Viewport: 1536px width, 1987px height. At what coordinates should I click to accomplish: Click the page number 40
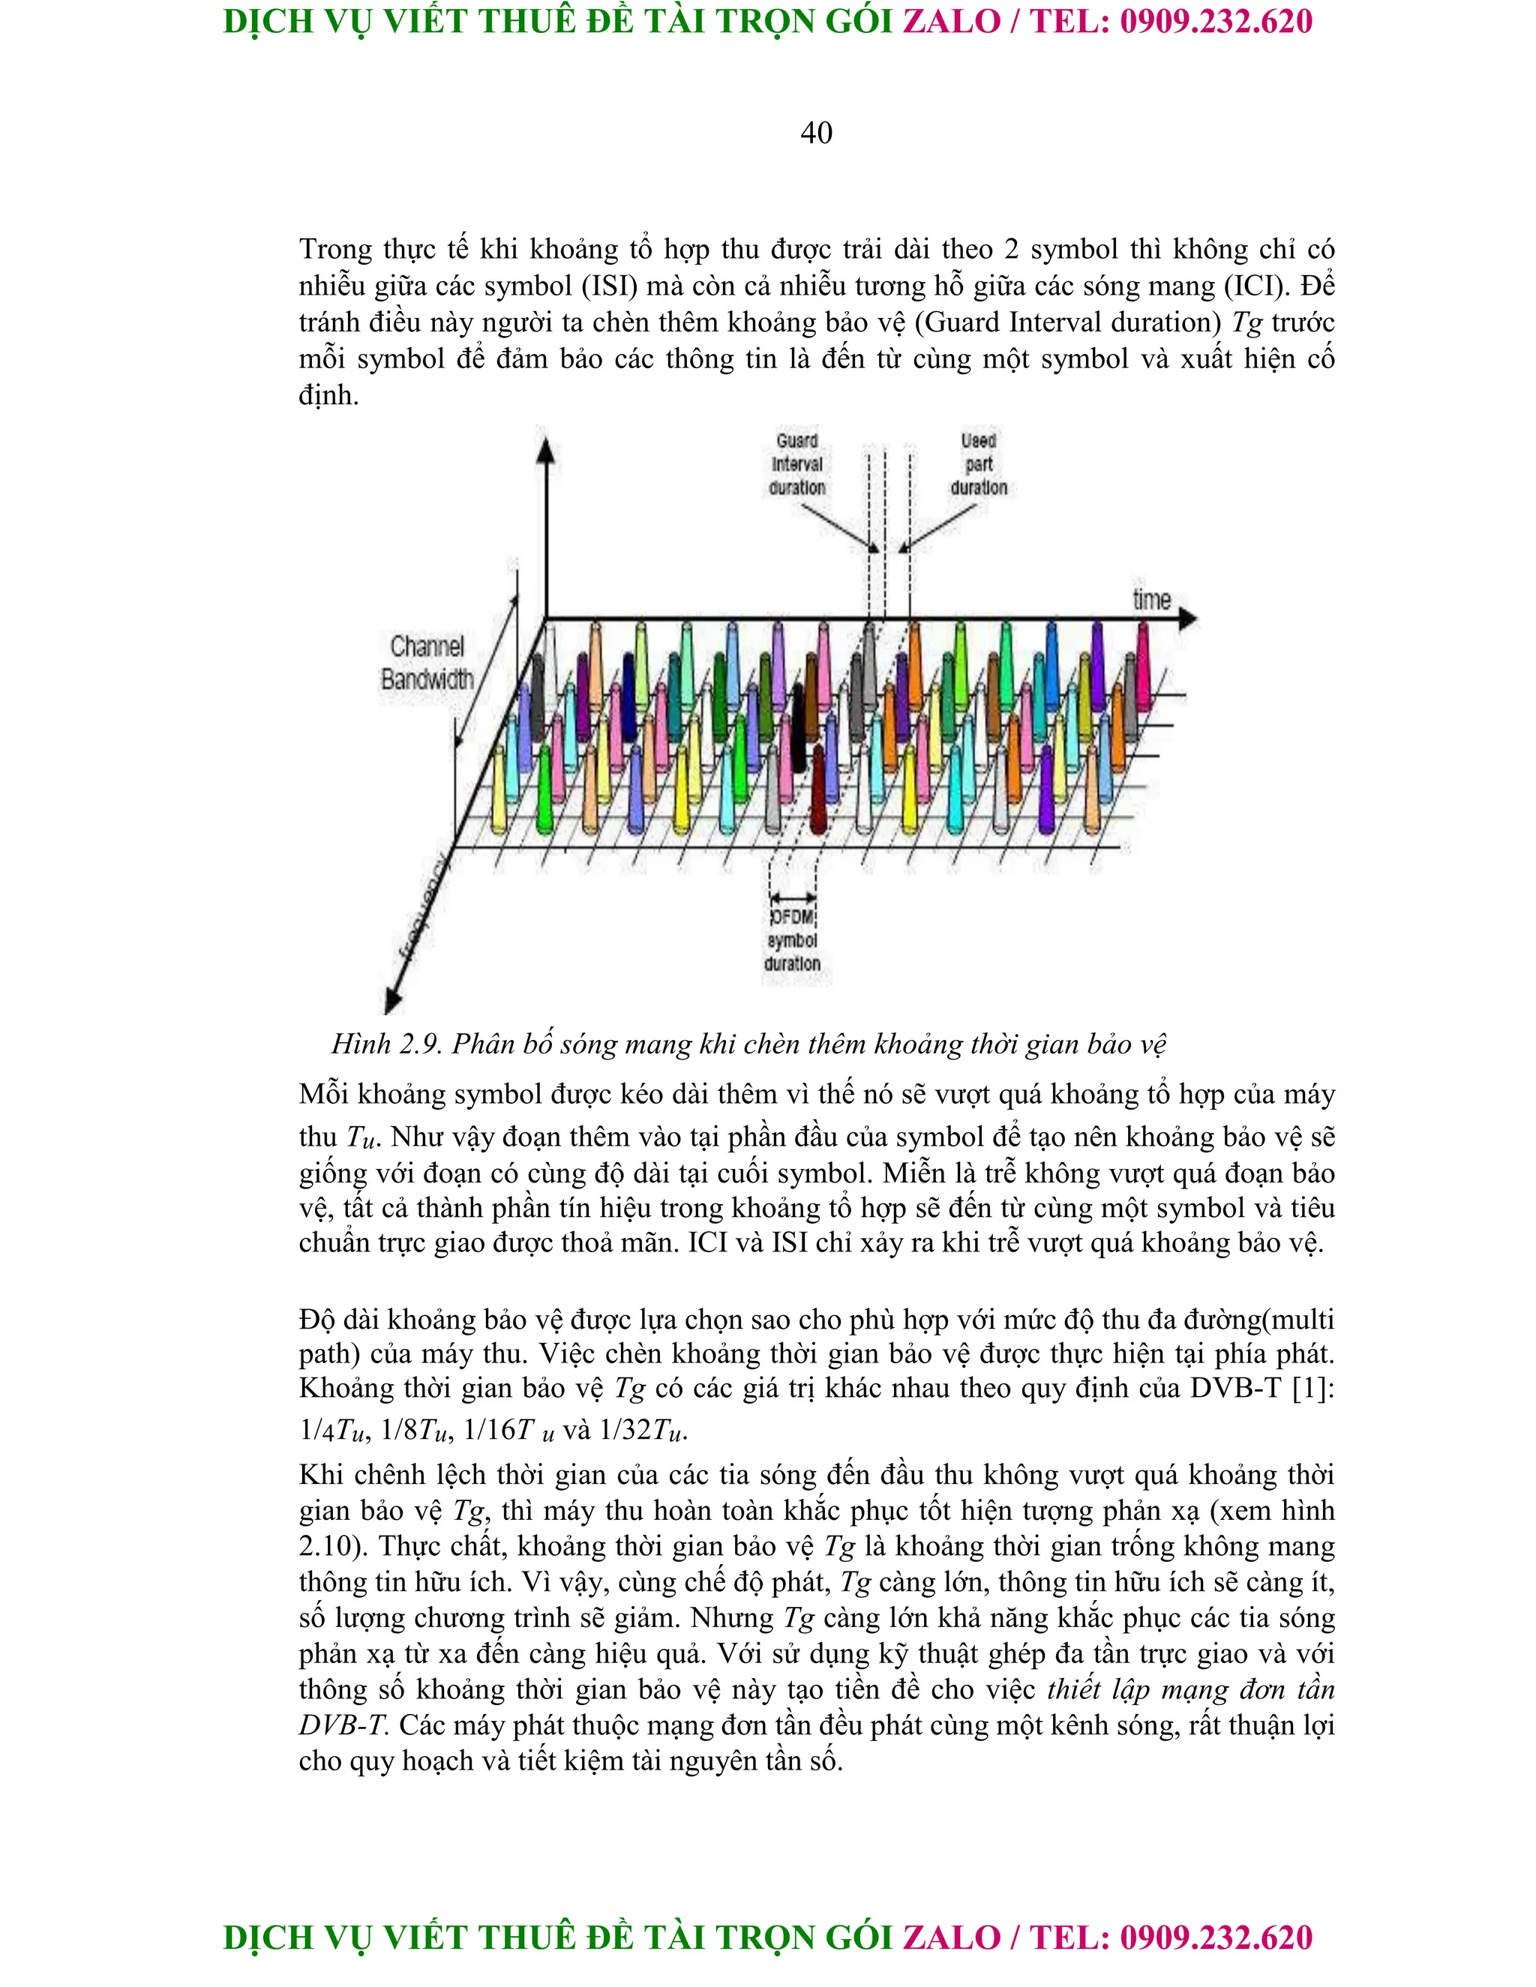click(815, 133)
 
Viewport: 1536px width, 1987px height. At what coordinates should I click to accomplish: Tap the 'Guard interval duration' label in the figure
click(797, 464)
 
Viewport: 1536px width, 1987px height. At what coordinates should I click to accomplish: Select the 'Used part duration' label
click(978, 464)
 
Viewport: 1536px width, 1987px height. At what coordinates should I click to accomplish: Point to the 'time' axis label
click(1151, 600)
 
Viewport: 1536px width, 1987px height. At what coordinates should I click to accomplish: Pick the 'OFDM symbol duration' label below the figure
click(792, 940)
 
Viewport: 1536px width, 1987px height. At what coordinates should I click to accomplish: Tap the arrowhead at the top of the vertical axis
click(545, 449)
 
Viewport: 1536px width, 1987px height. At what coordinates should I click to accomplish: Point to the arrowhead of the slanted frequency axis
click(392, 1001)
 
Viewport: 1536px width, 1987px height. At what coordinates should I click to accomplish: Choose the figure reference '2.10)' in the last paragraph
click(333, 1546)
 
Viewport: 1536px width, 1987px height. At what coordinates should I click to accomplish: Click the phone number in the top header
click(1216, 22)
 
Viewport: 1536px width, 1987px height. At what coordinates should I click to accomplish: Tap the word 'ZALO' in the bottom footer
click(951, 1938)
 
